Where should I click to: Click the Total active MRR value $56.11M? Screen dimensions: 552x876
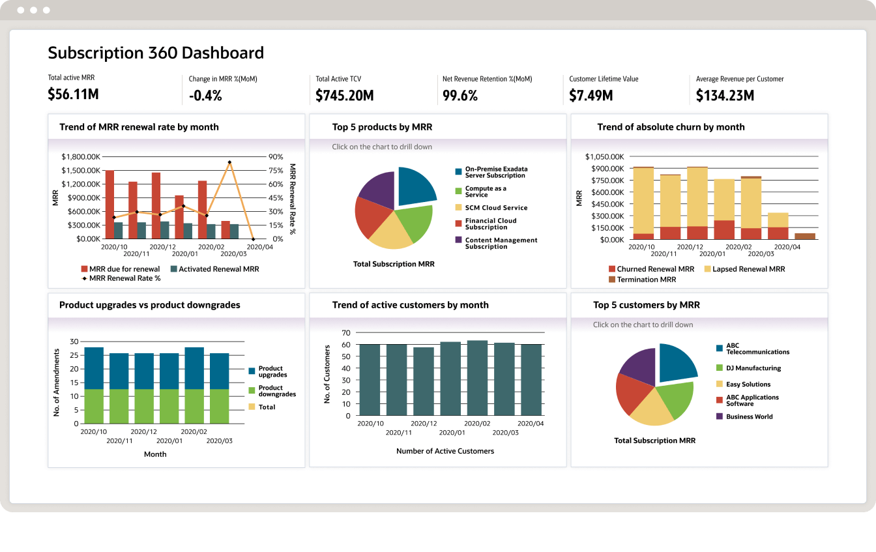(73, 94)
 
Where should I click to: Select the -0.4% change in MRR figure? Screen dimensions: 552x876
(205, 96)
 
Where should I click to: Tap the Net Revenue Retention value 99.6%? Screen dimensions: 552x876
(460, 96)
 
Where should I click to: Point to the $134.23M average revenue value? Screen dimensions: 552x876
(725, 96)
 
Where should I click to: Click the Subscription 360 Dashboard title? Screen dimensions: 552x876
(156, 53)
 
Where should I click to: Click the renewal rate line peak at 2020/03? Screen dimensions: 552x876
(229, 162)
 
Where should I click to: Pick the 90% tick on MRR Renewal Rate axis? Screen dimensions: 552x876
(275, 156)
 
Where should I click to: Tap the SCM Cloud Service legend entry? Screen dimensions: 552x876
(496, 208)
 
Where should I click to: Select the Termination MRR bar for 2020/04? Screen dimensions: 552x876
(805, 237)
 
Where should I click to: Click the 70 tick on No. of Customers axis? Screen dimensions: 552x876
(346, 332)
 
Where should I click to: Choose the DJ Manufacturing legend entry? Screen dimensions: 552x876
(753, 368)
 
